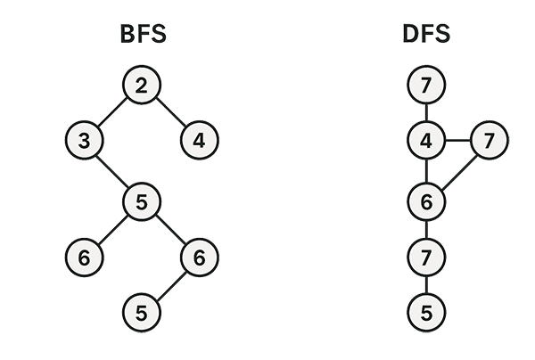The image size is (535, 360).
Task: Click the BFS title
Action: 144,37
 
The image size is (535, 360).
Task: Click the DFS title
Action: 426,37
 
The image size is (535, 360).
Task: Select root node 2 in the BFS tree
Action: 143,86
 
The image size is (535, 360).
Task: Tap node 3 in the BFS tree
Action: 86,141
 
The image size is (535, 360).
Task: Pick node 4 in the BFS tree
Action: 200,141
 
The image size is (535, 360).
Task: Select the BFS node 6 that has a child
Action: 200,258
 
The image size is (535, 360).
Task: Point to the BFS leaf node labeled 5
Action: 143,313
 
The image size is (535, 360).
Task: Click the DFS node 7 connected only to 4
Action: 426,86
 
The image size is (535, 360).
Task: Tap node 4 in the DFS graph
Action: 426,141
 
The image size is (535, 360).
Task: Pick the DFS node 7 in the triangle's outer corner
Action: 488,141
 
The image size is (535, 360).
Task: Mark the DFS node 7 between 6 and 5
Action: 426,258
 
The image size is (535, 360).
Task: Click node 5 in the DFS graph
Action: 426,313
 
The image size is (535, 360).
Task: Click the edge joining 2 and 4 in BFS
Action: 171,113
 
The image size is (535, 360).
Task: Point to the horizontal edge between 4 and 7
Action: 457,141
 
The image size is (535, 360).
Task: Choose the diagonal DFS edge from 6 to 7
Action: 457,171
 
